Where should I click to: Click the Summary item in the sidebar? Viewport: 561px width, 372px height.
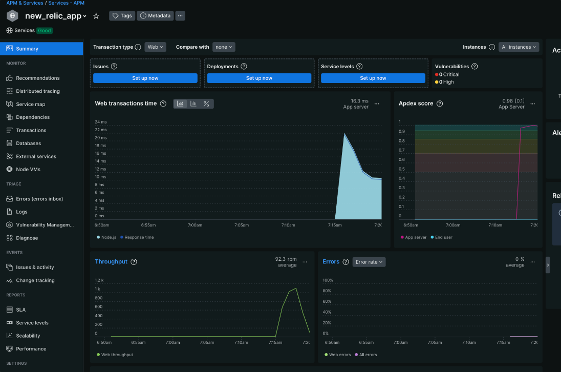point(27,49)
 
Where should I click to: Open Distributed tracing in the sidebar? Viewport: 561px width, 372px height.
point(37,91)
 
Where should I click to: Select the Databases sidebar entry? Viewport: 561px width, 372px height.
point(28,143)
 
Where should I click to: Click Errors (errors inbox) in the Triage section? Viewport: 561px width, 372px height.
point(39,199)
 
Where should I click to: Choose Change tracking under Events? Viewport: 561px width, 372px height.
point(35,280)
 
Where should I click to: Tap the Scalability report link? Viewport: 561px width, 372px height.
point(28,336)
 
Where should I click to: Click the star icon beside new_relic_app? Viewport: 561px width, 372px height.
point(96,16)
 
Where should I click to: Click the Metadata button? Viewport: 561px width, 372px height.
point(156,16)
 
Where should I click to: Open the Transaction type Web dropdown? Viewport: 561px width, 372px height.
point(155,47)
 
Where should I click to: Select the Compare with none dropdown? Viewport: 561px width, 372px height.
point(224,47)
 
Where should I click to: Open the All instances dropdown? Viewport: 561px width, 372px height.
point(519,47)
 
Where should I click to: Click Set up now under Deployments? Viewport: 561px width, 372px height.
point(259,78)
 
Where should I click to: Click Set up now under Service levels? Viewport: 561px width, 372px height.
point(373,78)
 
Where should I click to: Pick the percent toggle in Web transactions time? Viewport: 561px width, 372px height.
point(206,104)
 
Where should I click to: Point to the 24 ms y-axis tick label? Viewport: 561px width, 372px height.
point(100,122)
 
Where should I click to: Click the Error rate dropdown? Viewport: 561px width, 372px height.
point(369,262)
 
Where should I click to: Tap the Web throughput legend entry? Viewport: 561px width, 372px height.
point(117,355)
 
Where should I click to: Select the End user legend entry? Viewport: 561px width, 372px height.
point(443,237)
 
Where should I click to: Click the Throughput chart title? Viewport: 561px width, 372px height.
point(111,261)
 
